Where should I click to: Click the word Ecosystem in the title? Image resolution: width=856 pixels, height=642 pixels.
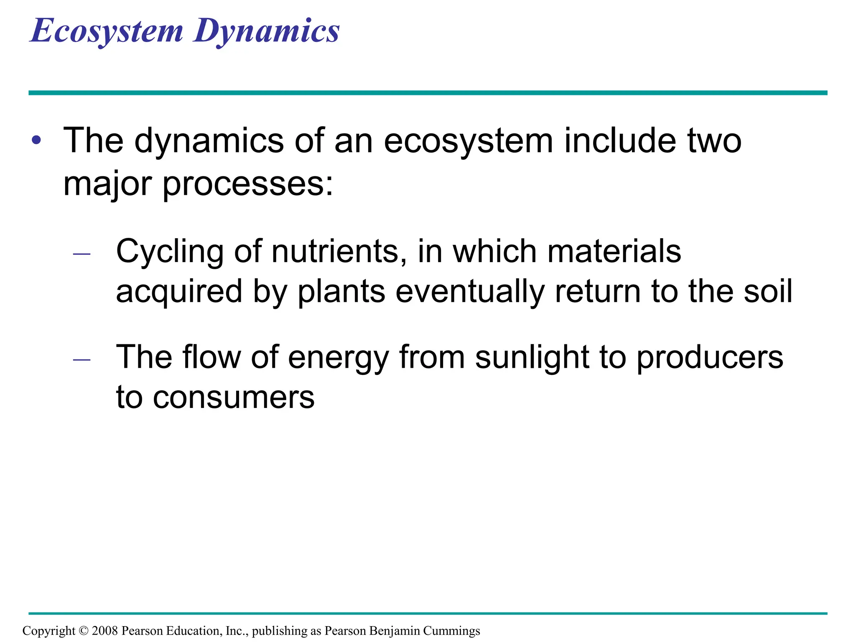[107, 31]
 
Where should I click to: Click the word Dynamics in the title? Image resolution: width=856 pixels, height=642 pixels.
[266, 31]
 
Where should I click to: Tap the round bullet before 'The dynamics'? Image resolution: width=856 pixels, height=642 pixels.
[37, 140]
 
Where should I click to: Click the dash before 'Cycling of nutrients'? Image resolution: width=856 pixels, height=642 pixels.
[82, 254]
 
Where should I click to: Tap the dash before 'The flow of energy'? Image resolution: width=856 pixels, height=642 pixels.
[82, 359]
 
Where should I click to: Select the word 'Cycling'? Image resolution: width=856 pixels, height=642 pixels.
[169, 252]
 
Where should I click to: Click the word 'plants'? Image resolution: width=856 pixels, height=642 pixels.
[341, 292]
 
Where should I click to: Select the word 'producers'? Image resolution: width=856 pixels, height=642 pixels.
[710, 358]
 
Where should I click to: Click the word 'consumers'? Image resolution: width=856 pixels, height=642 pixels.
[234, 397]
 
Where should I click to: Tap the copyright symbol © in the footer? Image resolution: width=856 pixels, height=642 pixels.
[84, 631]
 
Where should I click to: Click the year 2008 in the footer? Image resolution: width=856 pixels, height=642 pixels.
[104, 631]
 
